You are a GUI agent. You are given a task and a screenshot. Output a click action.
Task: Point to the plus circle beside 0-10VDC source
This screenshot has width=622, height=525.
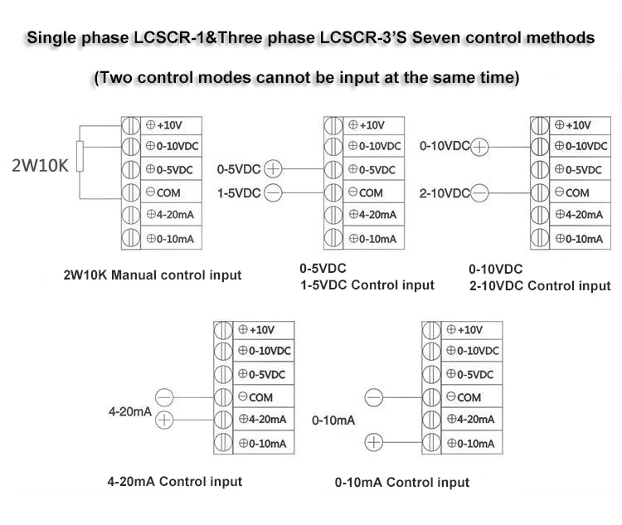click(x=481, y=146)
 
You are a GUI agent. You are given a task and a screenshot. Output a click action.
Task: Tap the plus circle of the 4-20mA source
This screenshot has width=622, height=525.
click(x=164, y=419)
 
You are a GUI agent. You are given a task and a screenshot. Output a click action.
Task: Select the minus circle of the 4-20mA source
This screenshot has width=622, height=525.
click(x=164, y=397)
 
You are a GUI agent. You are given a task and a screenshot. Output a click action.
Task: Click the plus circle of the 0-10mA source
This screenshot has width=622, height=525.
click(x=375, y=443)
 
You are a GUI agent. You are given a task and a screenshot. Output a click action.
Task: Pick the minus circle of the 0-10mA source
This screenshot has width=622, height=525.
click(x=375, y=398)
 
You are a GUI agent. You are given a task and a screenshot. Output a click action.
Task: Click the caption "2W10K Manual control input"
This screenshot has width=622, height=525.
click(x=153, y=275)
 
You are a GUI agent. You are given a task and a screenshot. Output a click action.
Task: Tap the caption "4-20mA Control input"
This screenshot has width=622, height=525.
click(x=174, y=482)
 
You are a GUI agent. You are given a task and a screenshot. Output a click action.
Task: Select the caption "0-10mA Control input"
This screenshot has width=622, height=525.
click(x=402, y=482)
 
